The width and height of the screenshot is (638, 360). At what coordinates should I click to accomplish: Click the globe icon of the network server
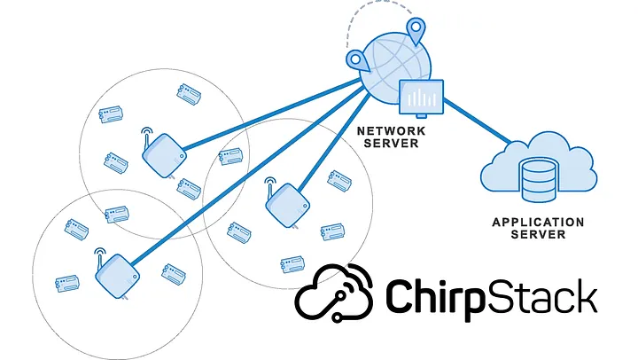(x=390, y=62)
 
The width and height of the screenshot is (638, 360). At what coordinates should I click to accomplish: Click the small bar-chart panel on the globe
(x=420, y=97)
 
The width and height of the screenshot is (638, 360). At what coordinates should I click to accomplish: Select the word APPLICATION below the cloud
(x=538, y=222)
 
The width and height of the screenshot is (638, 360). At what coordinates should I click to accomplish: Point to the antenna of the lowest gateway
(x=99, y=252)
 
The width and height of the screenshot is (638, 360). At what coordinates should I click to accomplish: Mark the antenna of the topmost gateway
(x=146, y=135)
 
